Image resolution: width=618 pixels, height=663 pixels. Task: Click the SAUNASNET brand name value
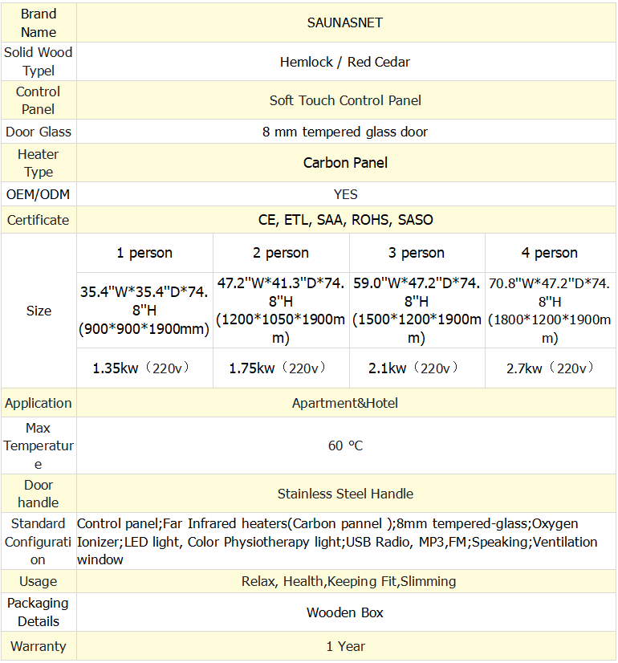[345, 22]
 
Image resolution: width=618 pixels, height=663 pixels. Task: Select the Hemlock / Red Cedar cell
[345, 62]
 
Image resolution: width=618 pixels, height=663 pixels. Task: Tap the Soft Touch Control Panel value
[345, 100]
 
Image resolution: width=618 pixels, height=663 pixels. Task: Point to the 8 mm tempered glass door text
[345, 132]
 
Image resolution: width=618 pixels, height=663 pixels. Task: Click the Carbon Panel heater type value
[345, 163]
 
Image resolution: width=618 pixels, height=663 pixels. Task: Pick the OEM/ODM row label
[39, 194]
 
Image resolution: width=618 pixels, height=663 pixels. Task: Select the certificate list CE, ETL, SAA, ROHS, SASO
[345, 220]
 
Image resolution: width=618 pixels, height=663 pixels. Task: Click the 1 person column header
[144, 253]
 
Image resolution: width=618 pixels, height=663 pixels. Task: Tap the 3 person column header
[417, 253]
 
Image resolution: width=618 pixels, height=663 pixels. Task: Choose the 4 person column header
[550, 253]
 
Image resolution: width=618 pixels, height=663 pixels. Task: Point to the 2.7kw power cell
[550, 368]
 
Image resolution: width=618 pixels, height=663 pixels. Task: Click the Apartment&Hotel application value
[345, 403]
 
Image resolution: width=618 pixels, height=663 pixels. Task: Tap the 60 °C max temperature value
[345, 445]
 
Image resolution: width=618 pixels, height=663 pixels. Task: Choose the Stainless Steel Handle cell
[345, 494]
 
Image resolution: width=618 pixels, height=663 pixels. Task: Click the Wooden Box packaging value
[345, 612]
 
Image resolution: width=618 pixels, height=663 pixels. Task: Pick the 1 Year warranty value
[345, 646]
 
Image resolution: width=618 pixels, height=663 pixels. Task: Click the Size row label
[39, 311]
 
